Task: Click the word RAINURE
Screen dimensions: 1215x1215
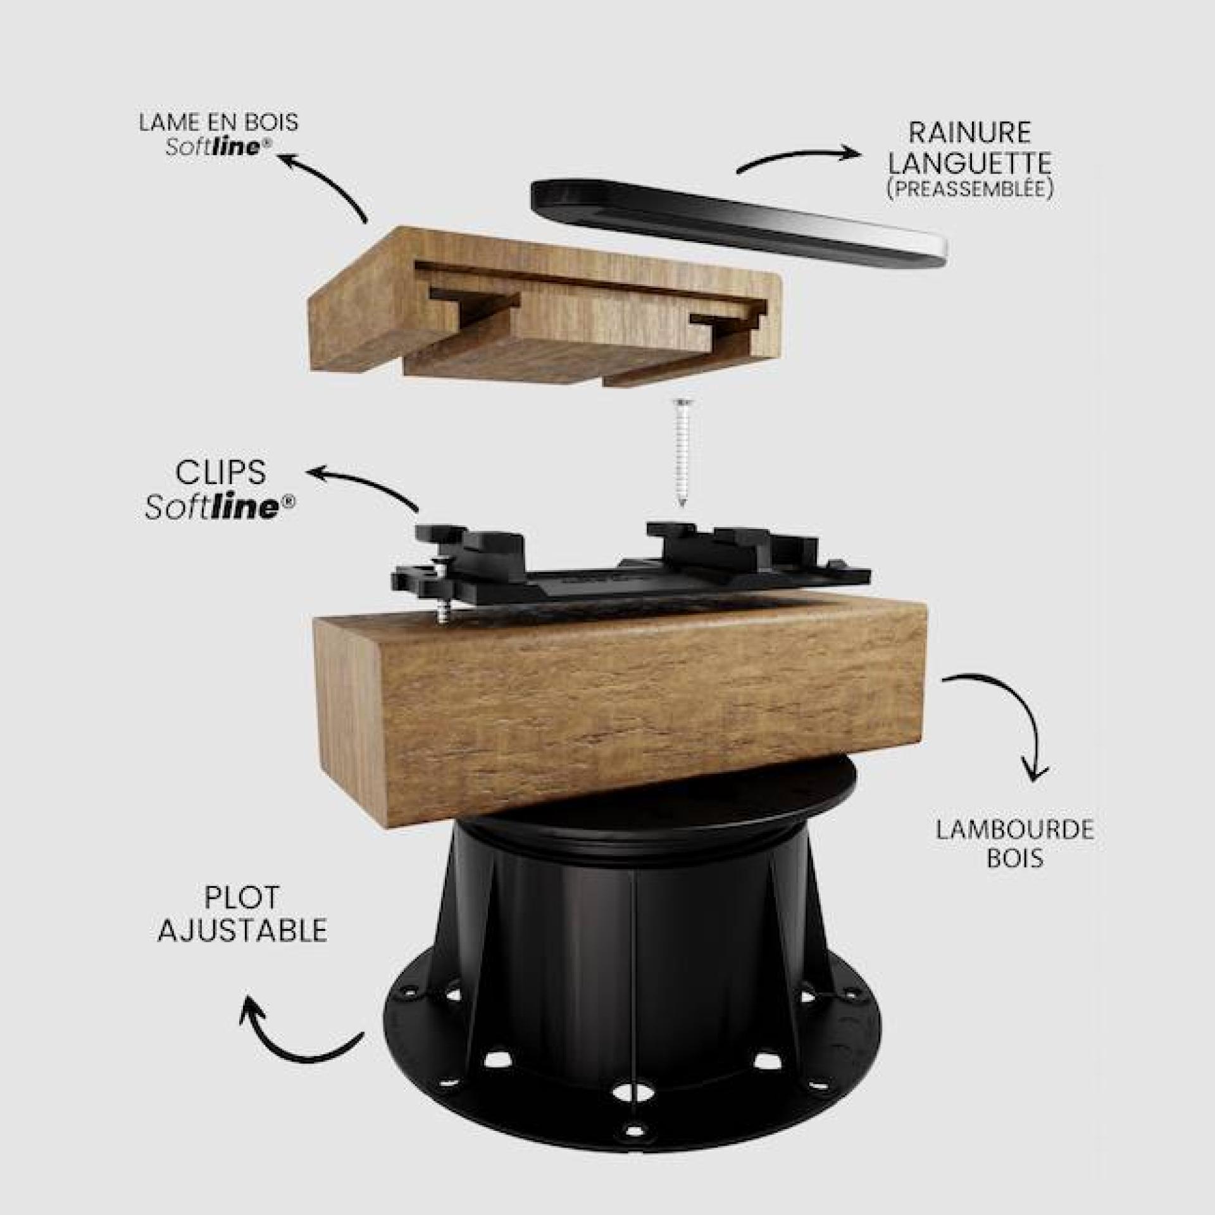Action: [969, 133]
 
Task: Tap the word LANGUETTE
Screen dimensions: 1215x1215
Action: [969, 163]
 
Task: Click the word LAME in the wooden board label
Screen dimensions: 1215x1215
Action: [167, 122]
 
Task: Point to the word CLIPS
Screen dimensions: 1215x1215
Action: [220, 474]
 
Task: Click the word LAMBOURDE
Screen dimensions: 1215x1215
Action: [1015, 830]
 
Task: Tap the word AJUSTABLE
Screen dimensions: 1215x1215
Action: [242, 930]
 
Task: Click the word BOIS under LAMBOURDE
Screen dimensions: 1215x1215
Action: [1014, 859]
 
